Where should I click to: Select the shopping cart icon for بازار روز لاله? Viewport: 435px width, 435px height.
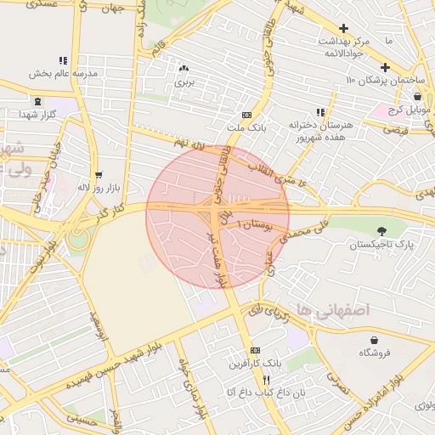[x=99, y=174]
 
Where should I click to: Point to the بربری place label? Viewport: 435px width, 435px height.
[x=184, y=82]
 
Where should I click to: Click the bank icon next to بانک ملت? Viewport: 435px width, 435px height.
[x=246, y=115]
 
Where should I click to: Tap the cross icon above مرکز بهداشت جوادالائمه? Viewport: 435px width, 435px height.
[x=343, y=28]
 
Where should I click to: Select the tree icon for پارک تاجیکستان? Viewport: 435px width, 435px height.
[x=381, y=230]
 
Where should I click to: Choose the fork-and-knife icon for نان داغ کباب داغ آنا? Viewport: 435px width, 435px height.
[x=265, y=380]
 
